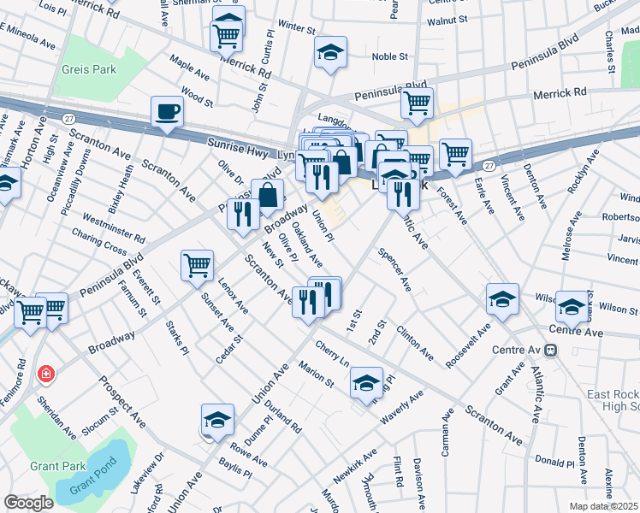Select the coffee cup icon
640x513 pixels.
(x=167, y=111)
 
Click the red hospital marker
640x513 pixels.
(x=46, y=374)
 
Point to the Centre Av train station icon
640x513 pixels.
(x=551, y=350)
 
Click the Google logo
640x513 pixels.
(x=28, y=503)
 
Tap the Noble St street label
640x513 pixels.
(x=390, y=57)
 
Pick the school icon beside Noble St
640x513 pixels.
(x=330, y=53)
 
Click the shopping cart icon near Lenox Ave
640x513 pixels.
(x=197, y=266)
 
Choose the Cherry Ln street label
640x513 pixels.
(x=333, y=355)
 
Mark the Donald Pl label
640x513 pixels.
(x=554, y=460)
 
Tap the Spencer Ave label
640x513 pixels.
(x=395, y=271)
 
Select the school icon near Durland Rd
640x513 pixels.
(x=218, y=421)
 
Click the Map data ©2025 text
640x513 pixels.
(x=603, y=506)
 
